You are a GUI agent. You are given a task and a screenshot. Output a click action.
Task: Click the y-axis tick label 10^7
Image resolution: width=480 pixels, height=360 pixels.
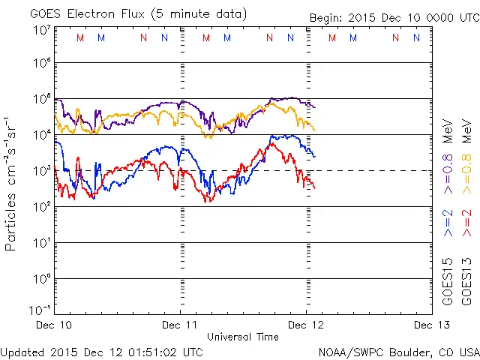pyautogui.click(x=41, y=30)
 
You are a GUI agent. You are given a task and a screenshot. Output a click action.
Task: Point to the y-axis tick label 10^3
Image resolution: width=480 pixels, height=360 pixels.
pyautogui.click(x=41, y=171)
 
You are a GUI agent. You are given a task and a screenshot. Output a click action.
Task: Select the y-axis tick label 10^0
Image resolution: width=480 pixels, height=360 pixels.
pyautogui.click(x=41, y=279)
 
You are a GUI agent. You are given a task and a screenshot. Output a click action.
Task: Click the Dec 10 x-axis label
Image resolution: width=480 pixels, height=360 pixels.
pyautogui.click(x=54, y=325)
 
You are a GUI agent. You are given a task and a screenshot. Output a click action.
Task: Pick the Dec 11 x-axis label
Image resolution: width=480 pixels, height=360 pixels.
pyautogui.click(x=180, y=325)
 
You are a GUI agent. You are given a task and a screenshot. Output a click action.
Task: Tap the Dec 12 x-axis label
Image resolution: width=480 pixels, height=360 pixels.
pyautogui.click(x=305, y=325)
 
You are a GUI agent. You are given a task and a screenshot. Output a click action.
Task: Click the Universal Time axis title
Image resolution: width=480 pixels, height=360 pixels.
pyautogui.click(x=242, y=337)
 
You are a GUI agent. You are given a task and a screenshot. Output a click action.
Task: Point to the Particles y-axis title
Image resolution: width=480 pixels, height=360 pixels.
pyautogui.click(x=11, y=184)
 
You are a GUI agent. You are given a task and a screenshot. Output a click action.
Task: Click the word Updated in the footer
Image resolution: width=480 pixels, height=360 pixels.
pyautogui.click(x=23, y=352)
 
